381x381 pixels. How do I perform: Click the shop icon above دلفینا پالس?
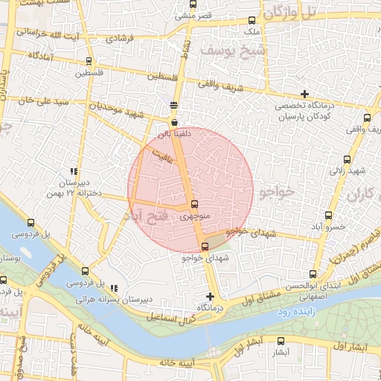pyautogui.click(x=174, y=122)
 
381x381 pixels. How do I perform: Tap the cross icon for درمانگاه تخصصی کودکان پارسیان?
pyautogui.click(x=304, y=94)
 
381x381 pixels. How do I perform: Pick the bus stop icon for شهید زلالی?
pyautogui.click(x=348, y=159)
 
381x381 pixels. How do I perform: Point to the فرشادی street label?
pyautogui.click(x=119, y=37)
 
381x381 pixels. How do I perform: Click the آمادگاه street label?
pyautogui.click(x=43, y=56)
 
